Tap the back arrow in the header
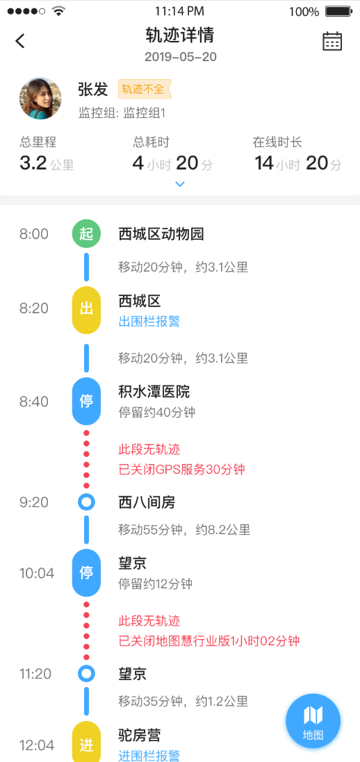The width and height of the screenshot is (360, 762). (x=20, y=41)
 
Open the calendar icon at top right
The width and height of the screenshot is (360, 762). (x=332, y=41)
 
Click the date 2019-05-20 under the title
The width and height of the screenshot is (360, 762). (x=181, y=57)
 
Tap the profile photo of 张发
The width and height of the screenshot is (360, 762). (x=40, y=99)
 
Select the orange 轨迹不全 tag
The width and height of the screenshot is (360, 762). (x=145, y=90)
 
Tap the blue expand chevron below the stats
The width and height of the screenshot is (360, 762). (x=180, y=184)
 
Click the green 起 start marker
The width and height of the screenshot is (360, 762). (x=87, y=234)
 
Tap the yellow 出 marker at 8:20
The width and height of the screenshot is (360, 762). (x=87, y=310)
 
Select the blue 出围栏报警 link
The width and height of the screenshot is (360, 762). (x=149, y=321)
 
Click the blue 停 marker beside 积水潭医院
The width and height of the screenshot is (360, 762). (x=87, y=401)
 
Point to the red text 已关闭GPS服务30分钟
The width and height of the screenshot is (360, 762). (x=181, y=470)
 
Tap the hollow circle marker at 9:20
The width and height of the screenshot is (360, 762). (x=87, y=502)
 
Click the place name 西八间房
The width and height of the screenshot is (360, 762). (x=147, y=503)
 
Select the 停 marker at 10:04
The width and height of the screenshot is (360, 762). (x=87, y=573)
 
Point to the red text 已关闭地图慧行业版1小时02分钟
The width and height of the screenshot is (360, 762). (x=208, y=641)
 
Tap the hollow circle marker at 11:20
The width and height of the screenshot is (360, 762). (x=87, y=674)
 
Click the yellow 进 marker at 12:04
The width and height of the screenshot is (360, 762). (x=87, y=743)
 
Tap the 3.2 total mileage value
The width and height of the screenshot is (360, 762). (x=33, y=163)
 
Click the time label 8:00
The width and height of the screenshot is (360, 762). (x=34, y=234)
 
